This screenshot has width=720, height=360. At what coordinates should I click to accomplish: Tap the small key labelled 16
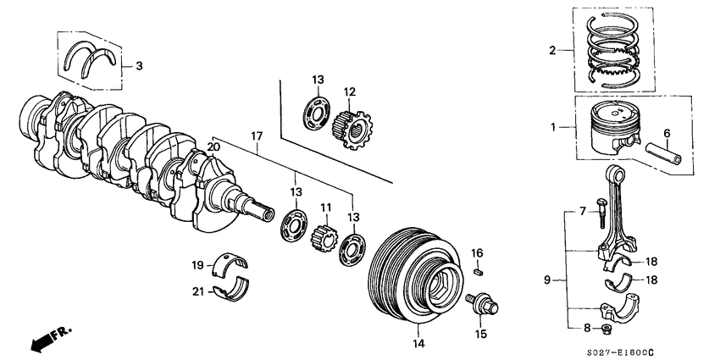[478, 272]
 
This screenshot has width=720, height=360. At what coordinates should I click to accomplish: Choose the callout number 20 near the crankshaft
[213, 147]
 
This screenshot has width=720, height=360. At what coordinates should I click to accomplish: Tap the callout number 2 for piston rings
[551, 51]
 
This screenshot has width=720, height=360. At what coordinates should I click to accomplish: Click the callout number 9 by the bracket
[547, 279]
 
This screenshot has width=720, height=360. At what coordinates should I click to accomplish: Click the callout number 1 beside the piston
[554, 127]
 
